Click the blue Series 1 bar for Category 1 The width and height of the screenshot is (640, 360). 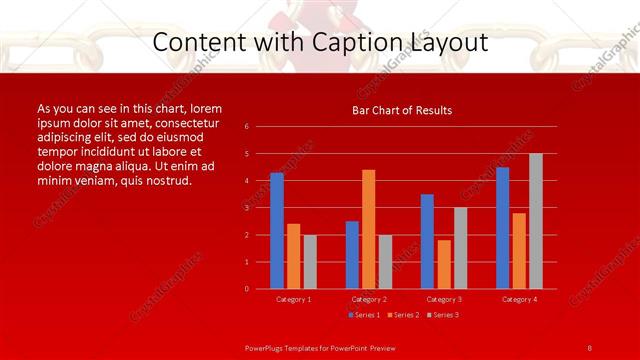(x=277, y=231)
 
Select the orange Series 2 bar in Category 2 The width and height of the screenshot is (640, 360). (x=369, y=229)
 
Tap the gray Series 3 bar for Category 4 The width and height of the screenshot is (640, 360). (x=536, y=221)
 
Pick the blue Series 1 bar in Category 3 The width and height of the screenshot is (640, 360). (x=427, y=241)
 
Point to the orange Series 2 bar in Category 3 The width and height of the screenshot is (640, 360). (x=444, y=264)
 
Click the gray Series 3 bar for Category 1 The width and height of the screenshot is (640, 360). (x=310, y=261)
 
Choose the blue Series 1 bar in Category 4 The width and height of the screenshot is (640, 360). (x=502, y=228)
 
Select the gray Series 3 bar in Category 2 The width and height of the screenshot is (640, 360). (x=386, y=261)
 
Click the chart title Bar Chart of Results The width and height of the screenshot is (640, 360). (x=402, y=110)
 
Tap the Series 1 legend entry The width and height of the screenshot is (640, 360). (x=363, y=315)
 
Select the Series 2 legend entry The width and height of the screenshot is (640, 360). (x=402, y=315)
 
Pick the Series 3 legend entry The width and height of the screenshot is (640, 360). (x=441, y=315)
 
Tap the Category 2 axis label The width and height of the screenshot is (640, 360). (x=369, y=299)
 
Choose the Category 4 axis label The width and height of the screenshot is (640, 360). (x=519, y=299)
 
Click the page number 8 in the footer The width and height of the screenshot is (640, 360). (x=590, y=347)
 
